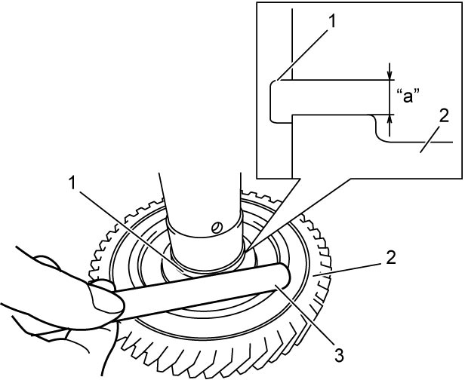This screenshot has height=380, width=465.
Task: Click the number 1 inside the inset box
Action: [x=332, y=21]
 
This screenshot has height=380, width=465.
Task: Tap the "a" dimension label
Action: [x=408, y=97]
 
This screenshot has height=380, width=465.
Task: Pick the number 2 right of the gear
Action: [x=390, y=258]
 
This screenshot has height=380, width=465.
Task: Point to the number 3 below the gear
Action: [x=339, y=355]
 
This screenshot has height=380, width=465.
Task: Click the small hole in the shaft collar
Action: [x=217, y=227]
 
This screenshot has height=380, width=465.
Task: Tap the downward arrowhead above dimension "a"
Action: [x=390, y=76]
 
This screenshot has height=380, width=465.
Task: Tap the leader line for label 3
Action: [x=305, y=314]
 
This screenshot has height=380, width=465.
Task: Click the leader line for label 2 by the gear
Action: [x=347, y=270]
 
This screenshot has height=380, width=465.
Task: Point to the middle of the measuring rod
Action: [x=202, y=292]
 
